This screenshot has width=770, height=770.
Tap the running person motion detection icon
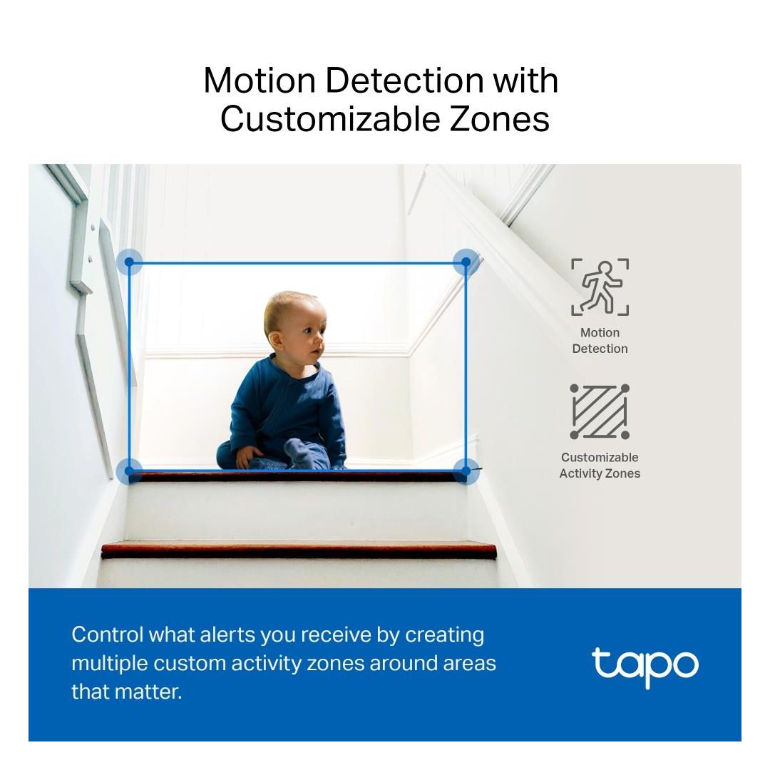[600, 287]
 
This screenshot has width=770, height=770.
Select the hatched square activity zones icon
[600, 411]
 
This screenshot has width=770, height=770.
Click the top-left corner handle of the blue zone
[129, 262]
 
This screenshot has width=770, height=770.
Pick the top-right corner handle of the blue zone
[466, 262]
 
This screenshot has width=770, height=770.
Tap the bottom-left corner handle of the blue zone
[129, 471]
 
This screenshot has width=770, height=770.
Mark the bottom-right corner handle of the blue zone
[466, 471]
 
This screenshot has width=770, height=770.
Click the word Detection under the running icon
[600, 349]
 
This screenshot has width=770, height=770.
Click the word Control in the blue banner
[108, 635]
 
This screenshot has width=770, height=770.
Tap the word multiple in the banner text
[110, 664]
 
